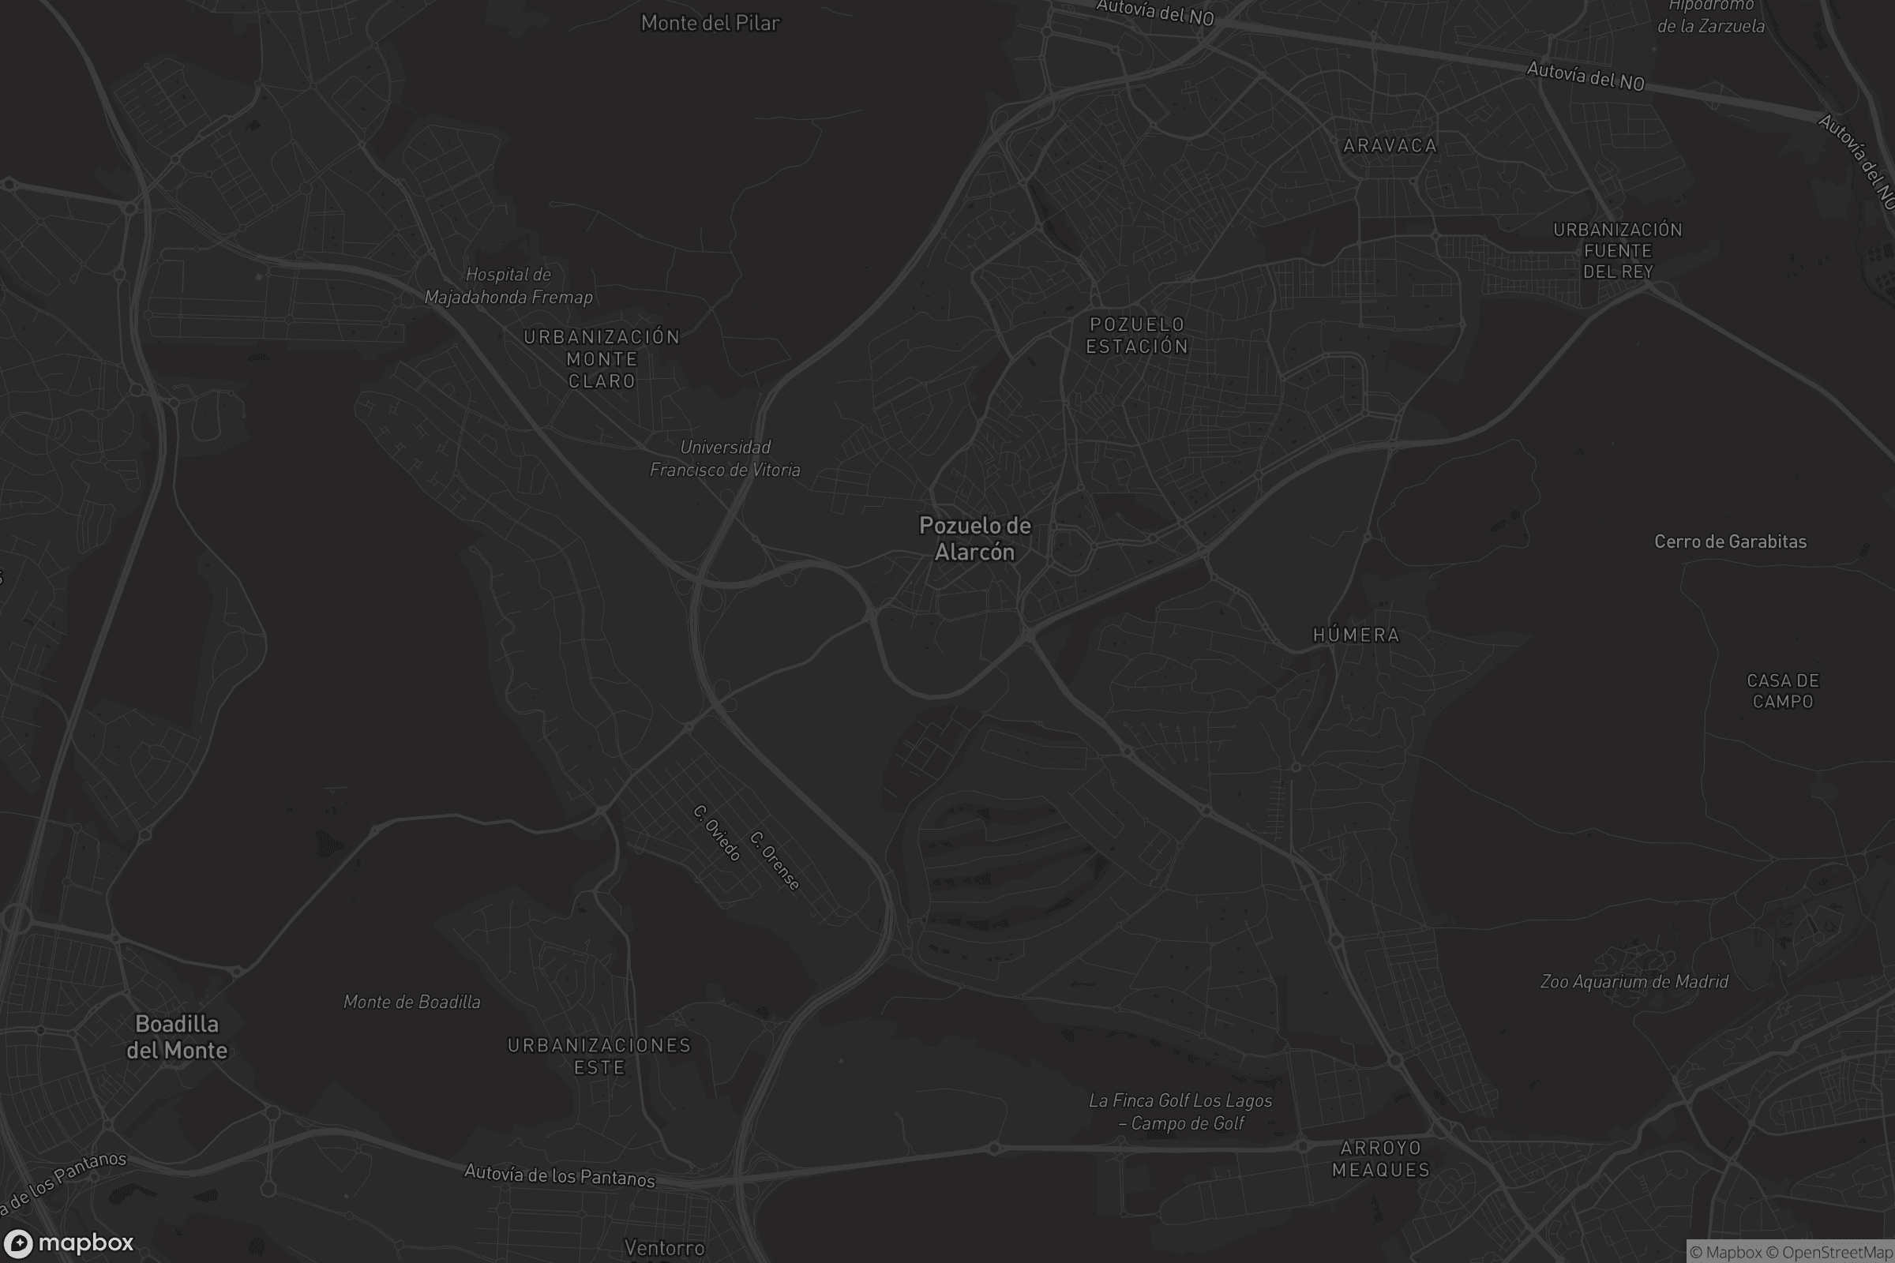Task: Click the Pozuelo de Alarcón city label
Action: (975, 539)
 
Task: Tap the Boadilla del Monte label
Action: (176, 1036)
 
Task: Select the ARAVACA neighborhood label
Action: (1390, 146)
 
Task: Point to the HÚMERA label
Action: (1356, 635)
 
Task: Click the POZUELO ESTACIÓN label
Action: (1137, 335)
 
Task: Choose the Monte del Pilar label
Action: (710, 24)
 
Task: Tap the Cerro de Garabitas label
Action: (1730, 542)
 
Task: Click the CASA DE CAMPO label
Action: (1782, 691)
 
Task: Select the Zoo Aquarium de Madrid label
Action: (1633, 982)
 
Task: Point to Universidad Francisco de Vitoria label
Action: (725, 459)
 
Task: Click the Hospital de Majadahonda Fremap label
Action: (508, 286)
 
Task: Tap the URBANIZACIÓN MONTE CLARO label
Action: (602, 359)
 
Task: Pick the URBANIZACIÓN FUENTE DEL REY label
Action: (1617, 250)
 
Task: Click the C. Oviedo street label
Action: (716, 833)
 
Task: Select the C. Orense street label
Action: (775, 861)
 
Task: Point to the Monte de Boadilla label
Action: (411, 1002)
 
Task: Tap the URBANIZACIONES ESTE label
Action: (599, 1056)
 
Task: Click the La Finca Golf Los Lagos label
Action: (1180, 1111)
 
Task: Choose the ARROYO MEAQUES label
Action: (1380, 1159)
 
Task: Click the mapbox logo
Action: (69, 1242)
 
